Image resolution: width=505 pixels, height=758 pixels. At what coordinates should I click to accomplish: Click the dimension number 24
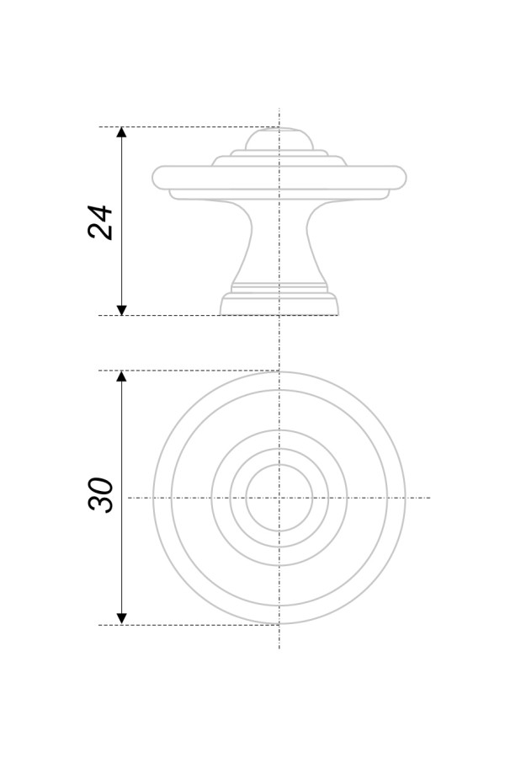pos(100,222)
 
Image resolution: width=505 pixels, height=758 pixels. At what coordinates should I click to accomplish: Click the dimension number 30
pos(100,494)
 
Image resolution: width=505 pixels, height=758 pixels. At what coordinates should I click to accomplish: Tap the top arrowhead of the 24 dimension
pos(122,132)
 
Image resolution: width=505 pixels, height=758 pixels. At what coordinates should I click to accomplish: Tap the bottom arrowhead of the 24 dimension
pos(122,310)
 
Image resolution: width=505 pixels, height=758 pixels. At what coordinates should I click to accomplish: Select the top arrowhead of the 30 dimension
pos(122,376)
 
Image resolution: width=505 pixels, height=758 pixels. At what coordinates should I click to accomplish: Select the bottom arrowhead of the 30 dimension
pos(122,619)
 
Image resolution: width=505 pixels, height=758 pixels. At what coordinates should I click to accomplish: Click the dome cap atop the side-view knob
pos(279,139)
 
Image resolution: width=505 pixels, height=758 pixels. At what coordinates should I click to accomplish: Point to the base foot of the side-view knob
pos(279,303)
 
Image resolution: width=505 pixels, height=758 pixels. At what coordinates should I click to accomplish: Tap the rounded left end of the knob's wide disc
pos(156,178)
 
